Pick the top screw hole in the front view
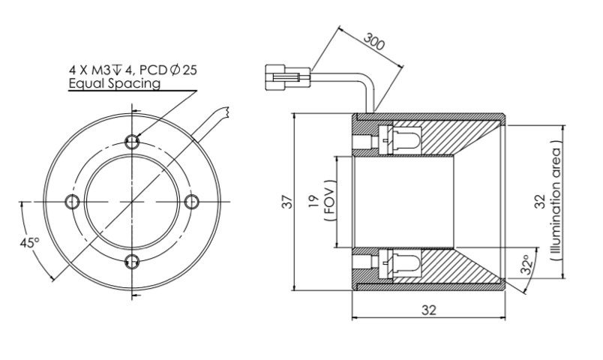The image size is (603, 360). coord(132,141)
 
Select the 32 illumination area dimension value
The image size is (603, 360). coord(542,201)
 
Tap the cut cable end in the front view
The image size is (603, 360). coord(222,114)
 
